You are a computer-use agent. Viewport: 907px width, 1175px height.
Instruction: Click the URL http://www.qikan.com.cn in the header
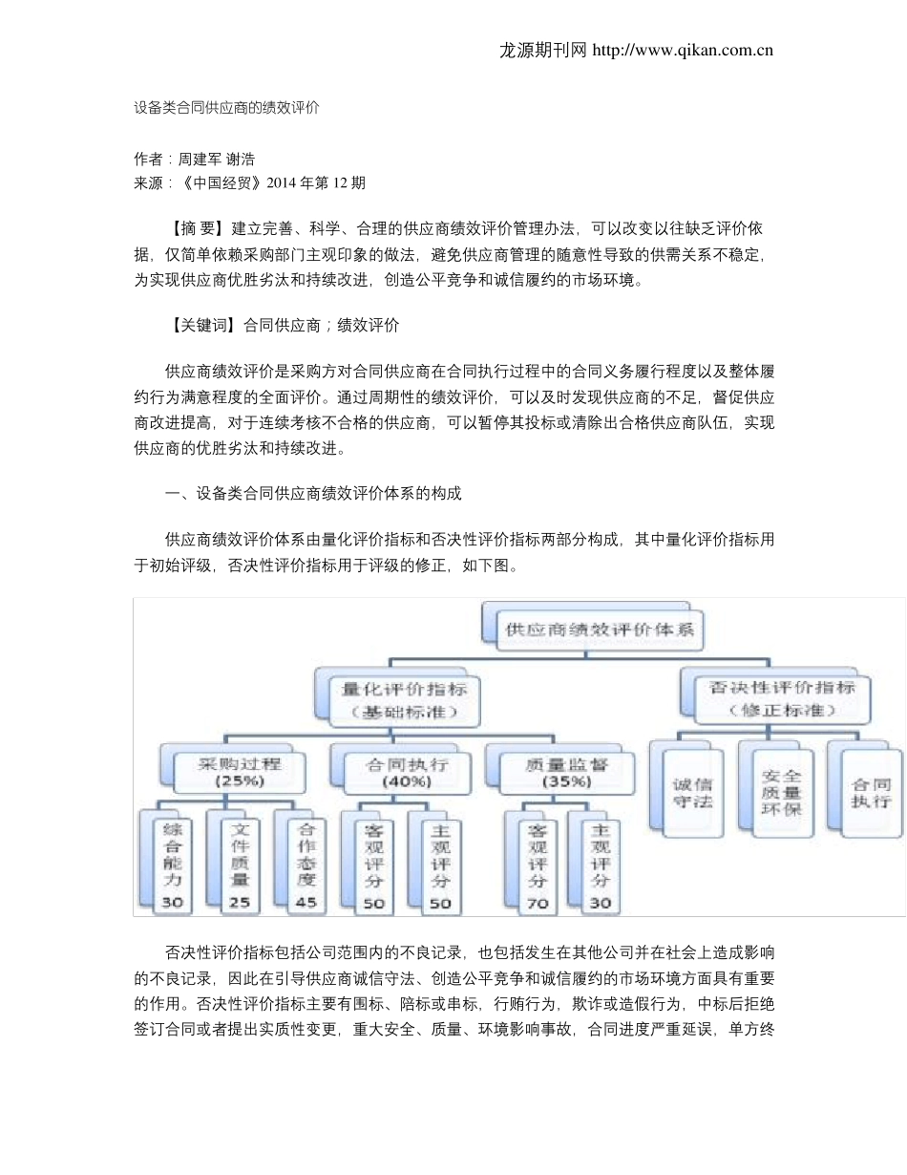click(x=683, y=51)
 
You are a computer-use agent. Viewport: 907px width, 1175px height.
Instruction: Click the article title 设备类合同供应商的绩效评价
click(x=226, y=108)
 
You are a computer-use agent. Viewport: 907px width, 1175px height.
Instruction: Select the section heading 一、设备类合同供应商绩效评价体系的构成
click(x=313, y=494)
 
